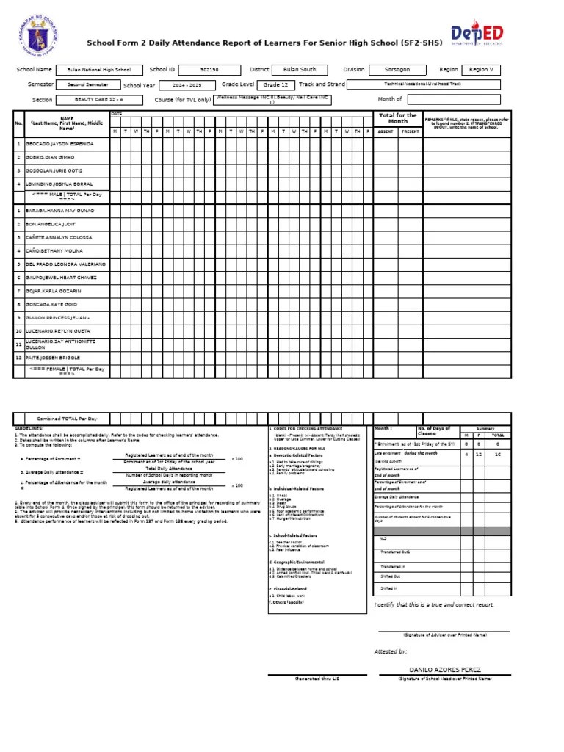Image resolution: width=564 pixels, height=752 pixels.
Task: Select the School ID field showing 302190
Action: point(209,69)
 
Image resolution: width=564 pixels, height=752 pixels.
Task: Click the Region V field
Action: point(481,69)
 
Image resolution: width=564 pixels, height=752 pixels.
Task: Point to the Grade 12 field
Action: point(276,84)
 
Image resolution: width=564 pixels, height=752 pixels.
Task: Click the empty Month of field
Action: point(453,99)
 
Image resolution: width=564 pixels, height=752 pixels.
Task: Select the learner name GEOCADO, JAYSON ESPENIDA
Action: point(60,144)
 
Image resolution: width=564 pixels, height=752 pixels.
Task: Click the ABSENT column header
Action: point(385,131)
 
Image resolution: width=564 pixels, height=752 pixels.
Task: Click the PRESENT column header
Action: point(410,131)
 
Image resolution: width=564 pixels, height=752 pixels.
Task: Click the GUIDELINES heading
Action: point(29,427)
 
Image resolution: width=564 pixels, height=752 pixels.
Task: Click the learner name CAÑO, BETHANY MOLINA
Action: point(56,250)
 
